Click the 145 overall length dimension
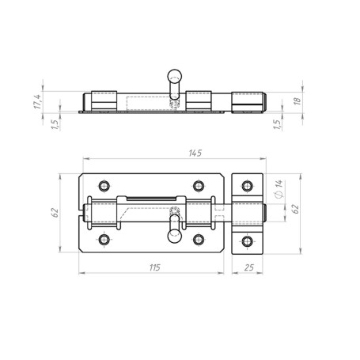point(195,153)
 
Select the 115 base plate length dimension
point(155,267)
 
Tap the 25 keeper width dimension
point(248,267)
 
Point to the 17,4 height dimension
point(37,101)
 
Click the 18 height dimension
point(297,101)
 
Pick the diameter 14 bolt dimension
point(279,188)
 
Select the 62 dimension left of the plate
point(55,213)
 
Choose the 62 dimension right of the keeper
point(296,209)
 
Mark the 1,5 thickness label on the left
point(55,124)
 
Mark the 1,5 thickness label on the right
point(277,124)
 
